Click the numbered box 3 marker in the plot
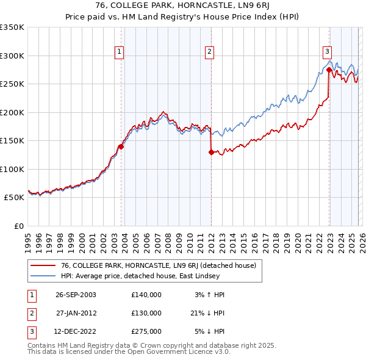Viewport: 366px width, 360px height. (x=327, y=52)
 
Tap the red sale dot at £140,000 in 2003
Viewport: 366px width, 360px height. (x=121, y=146)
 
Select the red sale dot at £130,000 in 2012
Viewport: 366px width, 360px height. (x=211, y=153)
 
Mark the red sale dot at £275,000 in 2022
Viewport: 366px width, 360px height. (x=329, y=70)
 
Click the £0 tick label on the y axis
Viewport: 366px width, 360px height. (x=18, y=226)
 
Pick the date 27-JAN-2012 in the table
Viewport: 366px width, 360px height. (x=76, y=313)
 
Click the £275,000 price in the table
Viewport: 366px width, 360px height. (x=146, y=331)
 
